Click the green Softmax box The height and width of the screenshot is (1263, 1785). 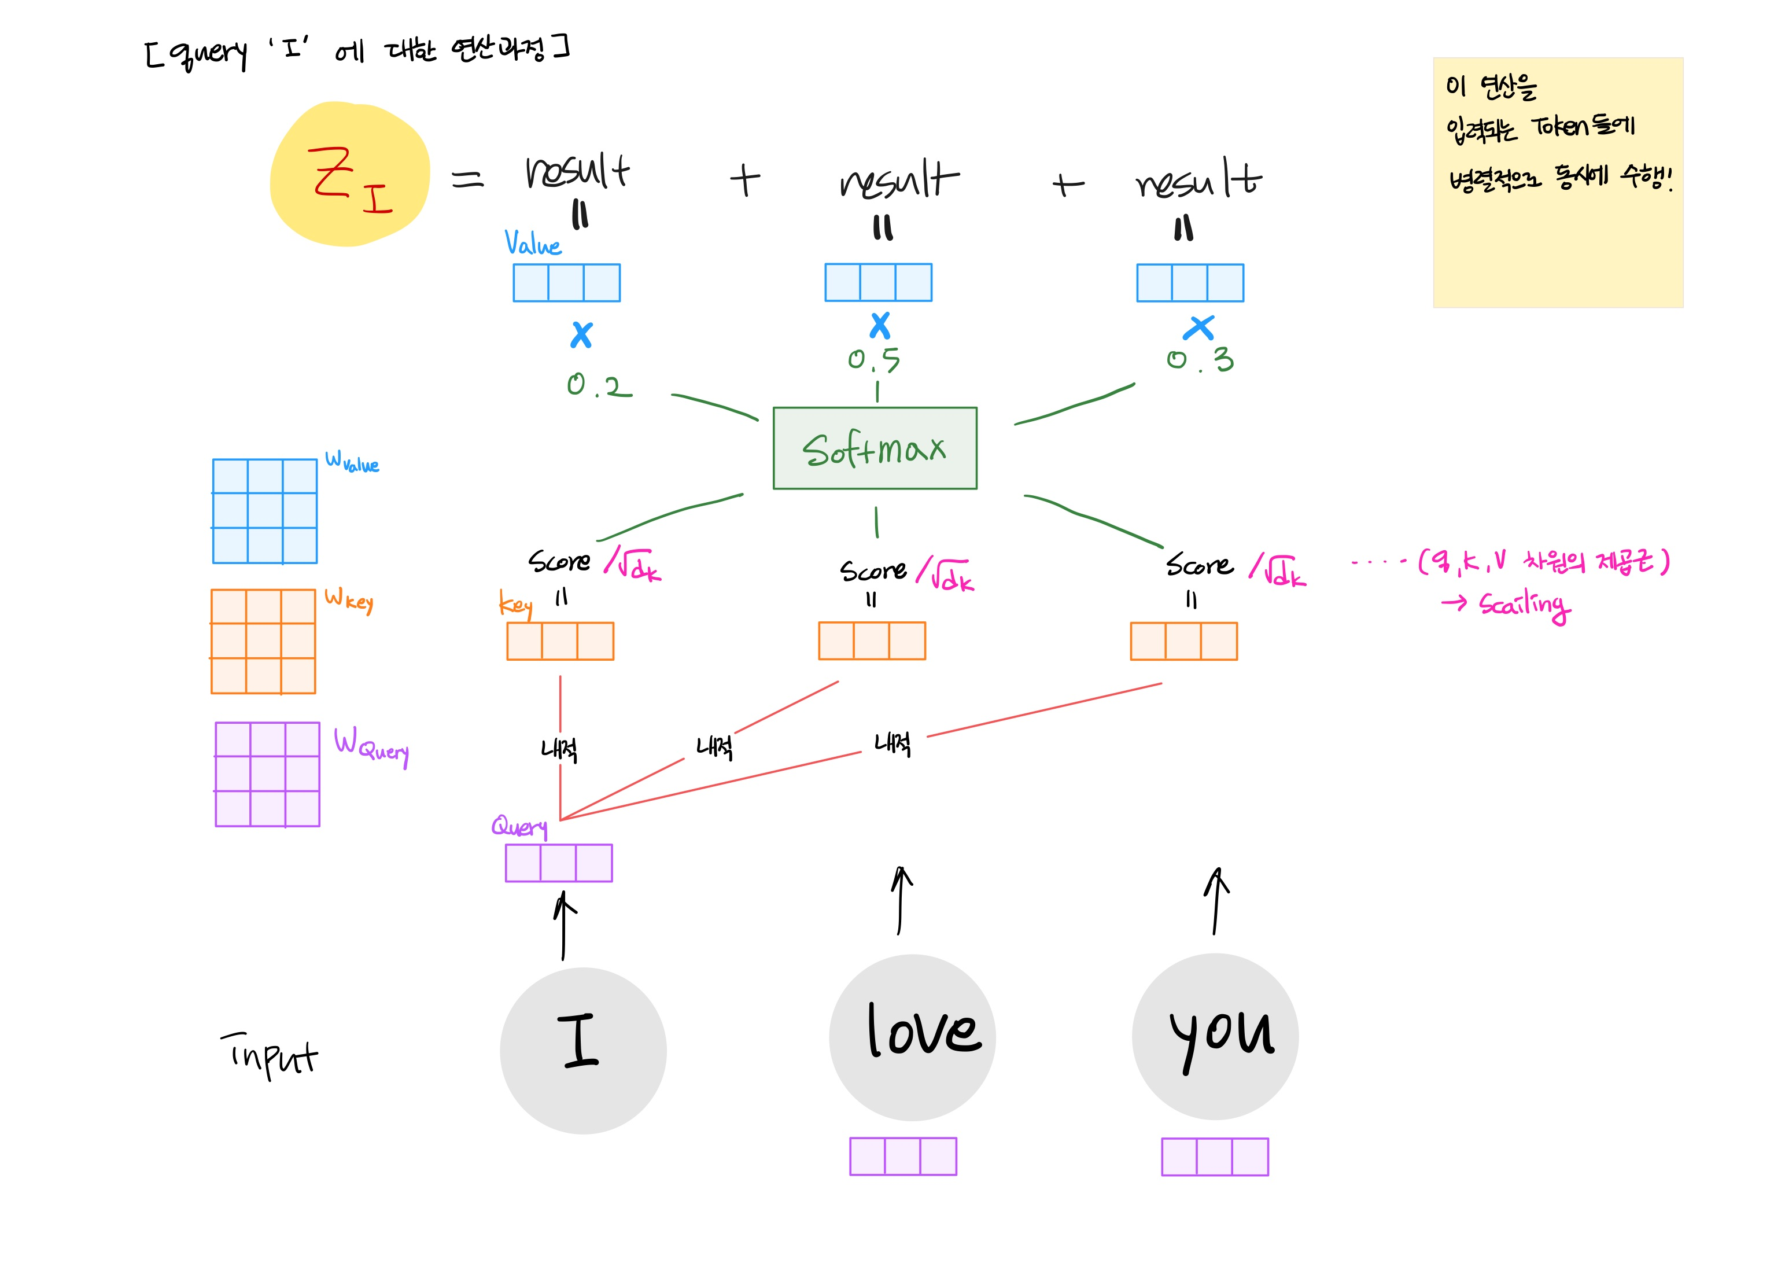pos(875,448)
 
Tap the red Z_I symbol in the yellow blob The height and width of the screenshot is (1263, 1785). pos(349,179)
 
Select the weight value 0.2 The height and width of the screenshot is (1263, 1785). pos(599,385)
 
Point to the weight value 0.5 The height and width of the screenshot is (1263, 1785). pos(874,359)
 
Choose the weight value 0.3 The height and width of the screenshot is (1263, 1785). pos(1200,359)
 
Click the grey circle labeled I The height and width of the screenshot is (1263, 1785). pos(583,1050)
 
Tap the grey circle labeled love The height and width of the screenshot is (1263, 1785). pos(912,1037)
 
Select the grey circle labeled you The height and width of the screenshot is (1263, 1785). pos(1215,1037)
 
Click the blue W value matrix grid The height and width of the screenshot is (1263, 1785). pos(265,511)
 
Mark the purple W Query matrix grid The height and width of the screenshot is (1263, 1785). pos(267,774)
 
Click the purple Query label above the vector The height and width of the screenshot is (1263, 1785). pos(518,826)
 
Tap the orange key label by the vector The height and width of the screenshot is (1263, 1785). pos(515,604)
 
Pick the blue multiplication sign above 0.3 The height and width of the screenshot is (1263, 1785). pos(1199,328)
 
